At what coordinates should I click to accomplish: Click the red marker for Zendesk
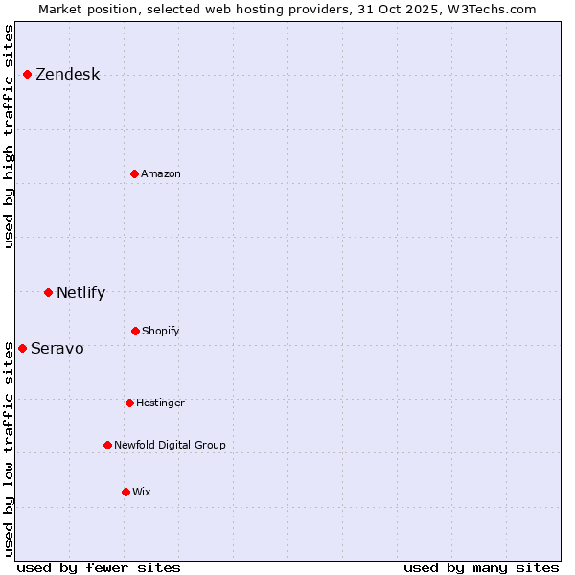coord(27,75)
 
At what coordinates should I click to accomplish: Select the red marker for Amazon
coord(134,173)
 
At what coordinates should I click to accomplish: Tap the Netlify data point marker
coord(48,292)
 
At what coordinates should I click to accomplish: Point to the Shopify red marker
coord(135,331)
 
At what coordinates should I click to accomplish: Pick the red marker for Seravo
coord(22,348)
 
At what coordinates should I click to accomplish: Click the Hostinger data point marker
coord(129,402)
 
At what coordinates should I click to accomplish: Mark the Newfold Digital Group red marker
coord(107,445)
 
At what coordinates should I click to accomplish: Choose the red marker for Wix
coord(126,492)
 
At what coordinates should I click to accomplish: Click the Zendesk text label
coord(67,75)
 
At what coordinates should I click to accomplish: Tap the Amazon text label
coord(161,173)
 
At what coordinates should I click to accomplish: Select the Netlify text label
coord(80,292)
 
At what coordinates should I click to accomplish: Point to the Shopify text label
coord(161,331)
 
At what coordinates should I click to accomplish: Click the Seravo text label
coord(57,348)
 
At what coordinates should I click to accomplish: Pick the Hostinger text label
coord(160,402)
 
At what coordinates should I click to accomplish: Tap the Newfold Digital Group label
coord(170,445)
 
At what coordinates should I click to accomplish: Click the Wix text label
coord(142,492)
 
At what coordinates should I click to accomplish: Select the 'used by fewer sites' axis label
coord(99,567)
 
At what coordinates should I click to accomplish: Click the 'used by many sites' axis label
coord(481,567)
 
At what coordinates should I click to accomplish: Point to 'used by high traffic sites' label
coord(10,136)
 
